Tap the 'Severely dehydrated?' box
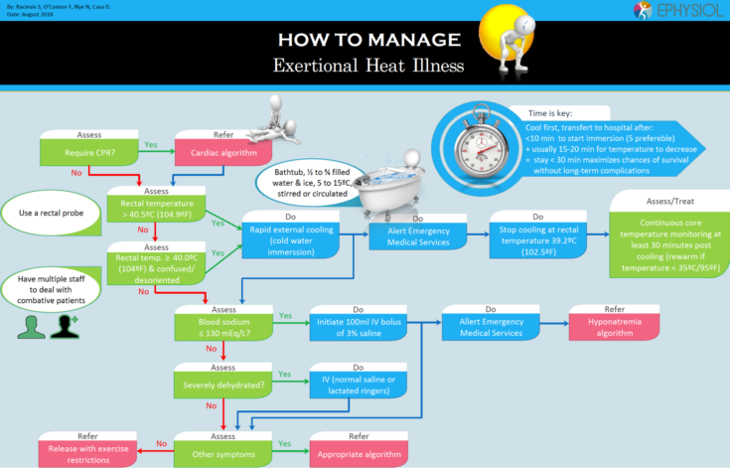click(220, 382)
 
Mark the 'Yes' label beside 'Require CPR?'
click(151, 144)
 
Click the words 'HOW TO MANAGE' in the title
click(368, 41)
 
